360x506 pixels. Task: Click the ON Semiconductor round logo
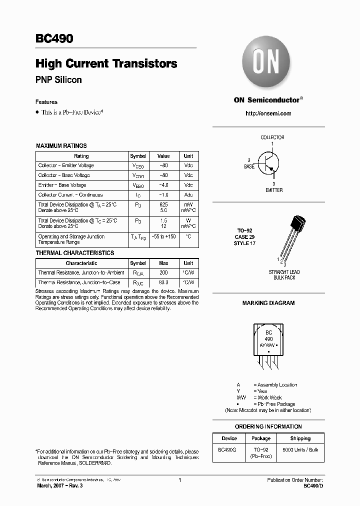tap(268, 63)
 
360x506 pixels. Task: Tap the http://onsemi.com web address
tap(268, 113)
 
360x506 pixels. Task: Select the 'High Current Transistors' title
tap(106, 64)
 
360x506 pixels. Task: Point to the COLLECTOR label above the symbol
tap(272, 137)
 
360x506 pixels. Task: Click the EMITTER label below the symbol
tap(273, 190)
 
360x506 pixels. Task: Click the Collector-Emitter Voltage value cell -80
tap(163, 165)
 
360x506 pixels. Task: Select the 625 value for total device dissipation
tap(163, 205)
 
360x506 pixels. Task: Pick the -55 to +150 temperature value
tap(163, 236)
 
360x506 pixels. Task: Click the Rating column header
tap(81, 156)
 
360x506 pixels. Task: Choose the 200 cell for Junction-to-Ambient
tap(163, 273)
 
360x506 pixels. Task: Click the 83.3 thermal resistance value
tap(163, 283)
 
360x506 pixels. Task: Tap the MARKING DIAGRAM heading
tap(268, 303)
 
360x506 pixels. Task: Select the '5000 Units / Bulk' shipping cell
tap(300, 449)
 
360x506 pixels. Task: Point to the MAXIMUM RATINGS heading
tap(61, 146)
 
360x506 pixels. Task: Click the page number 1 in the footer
tap(179, 480)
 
